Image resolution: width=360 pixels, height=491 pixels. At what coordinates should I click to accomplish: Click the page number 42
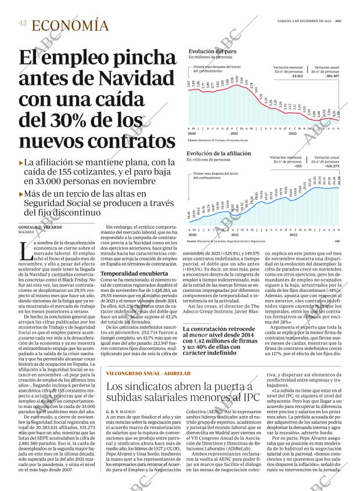coord(23,23)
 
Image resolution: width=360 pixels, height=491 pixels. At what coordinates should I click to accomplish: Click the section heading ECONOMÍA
coord(70,25)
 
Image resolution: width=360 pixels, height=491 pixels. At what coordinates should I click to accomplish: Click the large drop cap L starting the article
coord(24,251)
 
